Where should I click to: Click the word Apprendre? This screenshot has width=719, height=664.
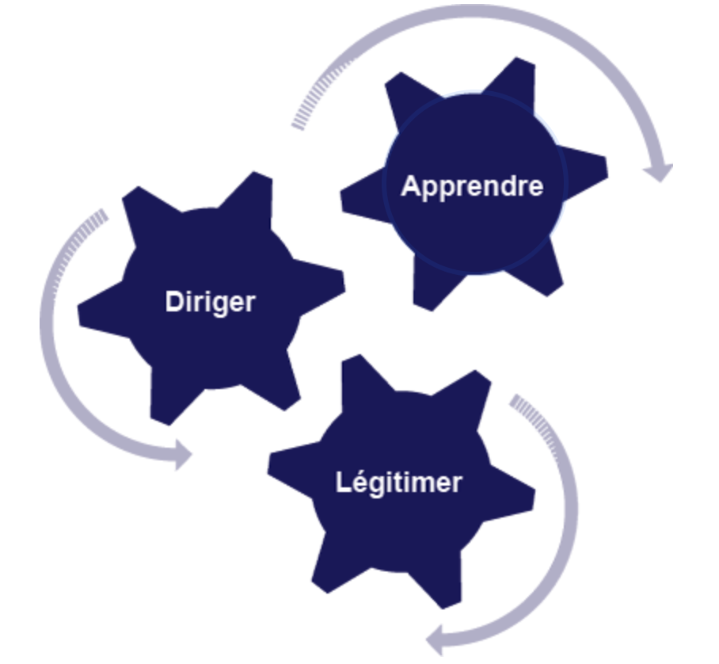pyautogui.click(x=472, y=186)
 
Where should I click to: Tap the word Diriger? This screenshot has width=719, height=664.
pyautogui.click(x=210, y=302)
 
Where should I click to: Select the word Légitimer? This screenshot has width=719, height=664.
pyautogui.click(x=398, y=483)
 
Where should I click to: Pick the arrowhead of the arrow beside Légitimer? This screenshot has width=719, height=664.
pyautogui.click(x=437, y=637)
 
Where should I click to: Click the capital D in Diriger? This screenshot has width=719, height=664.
pyautogui.click(x=173, y=302)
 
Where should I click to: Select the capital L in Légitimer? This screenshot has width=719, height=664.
pyautogui.click(x=342, y=482)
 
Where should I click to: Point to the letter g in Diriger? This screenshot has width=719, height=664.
pyautogui.click(x=216, y=305)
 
